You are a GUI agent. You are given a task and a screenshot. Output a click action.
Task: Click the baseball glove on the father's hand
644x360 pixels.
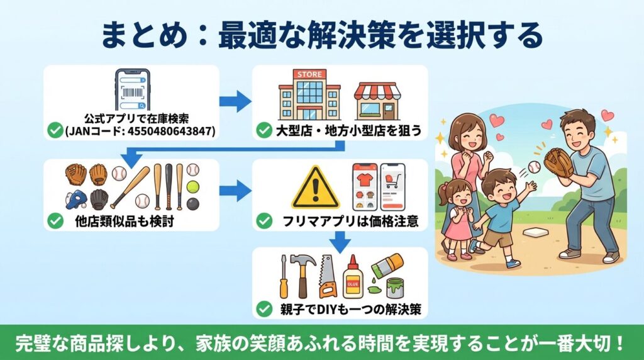558,162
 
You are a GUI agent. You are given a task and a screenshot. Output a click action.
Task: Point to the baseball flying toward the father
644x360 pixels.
534,167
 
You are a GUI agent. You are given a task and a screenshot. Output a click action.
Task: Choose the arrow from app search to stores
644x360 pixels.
236,100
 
